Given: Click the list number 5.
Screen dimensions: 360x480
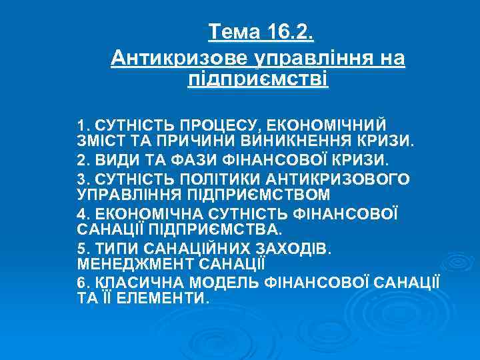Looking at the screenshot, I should point(82,249).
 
